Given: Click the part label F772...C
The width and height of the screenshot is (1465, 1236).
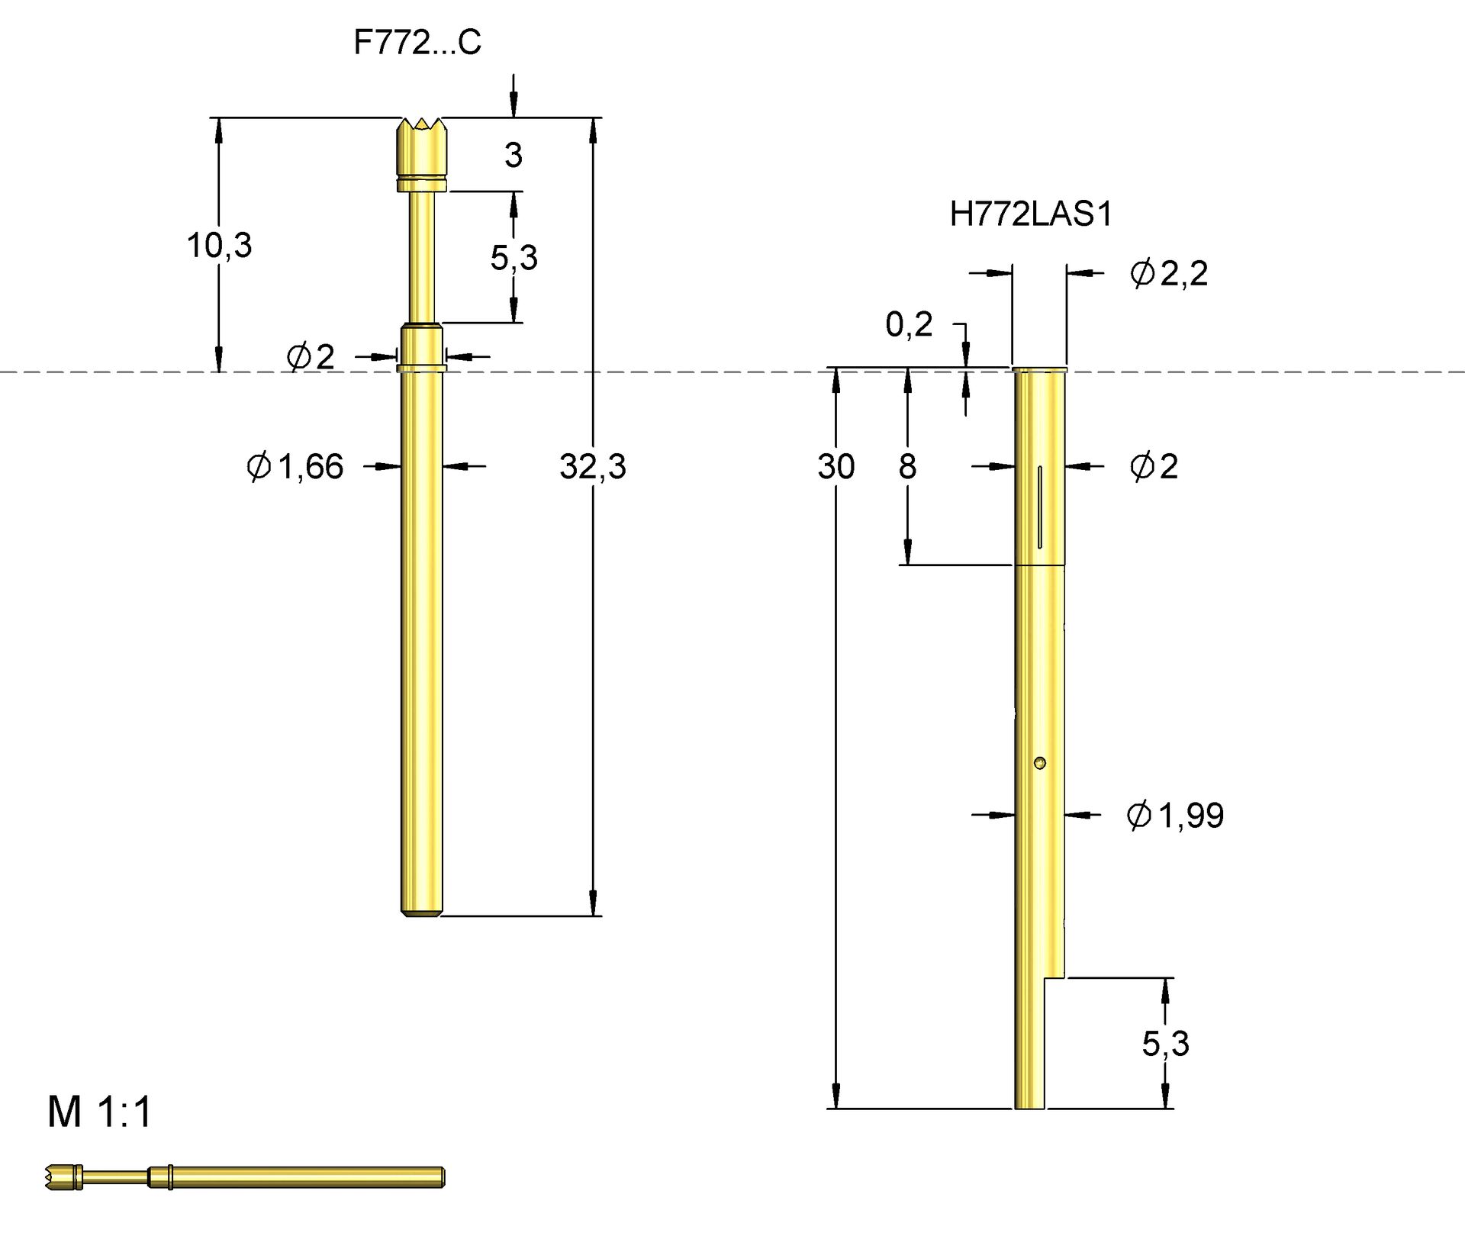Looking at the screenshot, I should click(417, 43).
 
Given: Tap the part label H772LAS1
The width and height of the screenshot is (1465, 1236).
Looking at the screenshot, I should click(1031, 214).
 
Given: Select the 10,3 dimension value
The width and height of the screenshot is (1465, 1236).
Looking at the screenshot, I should click(219, 246).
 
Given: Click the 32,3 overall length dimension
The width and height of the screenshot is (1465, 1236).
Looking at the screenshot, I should click(592, 466).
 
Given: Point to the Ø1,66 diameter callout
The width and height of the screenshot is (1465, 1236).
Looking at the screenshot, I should click(295, 466).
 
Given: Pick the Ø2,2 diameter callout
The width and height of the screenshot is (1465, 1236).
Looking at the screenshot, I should click(1168, 273).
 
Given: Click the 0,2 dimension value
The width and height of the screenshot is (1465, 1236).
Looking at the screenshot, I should click(909, 325).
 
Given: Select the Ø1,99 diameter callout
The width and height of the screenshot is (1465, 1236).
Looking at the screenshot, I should click(1175, 816).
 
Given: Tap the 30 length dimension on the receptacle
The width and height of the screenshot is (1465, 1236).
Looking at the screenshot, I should click(836, 466).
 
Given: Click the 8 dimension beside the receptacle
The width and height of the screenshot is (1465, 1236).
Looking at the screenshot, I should click(907, 466).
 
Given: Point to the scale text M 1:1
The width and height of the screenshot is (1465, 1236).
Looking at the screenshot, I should click(100, 1112).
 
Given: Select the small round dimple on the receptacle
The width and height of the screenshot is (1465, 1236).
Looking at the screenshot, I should click(1039, 762).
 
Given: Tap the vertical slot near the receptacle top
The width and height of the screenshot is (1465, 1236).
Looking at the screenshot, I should click(1040, 507).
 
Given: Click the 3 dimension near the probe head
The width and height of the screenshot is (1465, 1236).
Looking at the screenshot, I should click(514, 156).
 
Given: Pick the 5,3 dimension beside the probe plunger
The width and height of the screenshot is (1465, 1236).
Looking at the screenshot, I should click(514, 258).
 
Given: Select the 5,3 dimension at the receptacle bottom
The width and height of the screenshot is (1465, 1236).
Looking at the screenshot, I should click(1165, 1043).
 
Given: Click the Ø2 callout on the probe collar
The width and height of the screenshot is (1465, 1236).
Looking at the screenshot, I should click(311, 356).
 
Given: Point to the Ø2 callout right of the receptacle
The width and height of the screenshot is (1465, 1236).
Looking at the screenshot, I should click(1154, 466).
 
